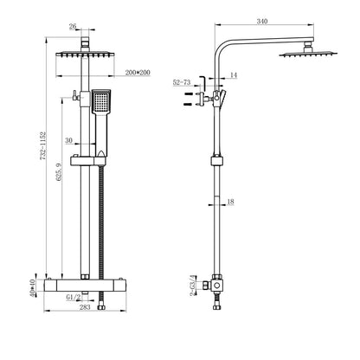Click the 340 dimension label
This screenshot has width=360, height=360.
(260, 21)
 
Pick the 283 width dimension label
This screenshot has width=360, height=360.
(86, 331)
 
